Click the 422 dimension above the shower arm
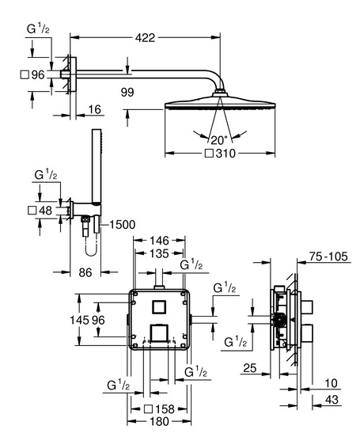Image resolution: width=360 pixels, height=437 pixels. [145, 38]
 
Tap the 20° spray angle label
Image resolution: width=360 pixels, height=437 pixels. [219, 140]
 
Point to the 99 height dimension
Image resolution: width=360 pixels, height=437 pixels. [127, 92]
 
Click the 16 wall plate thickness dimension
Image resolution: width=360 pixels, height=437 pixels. [95, 109]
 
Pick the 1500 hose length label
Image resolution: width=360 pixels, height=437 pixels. [123, 224]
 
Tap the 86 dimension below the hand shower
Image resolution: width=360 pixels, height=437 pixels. [85, 272]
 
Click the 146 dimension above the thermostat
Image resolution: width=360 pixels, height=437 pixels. [159, 240]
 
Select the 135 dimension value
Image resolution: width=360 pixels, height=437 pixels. [159, 253]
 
